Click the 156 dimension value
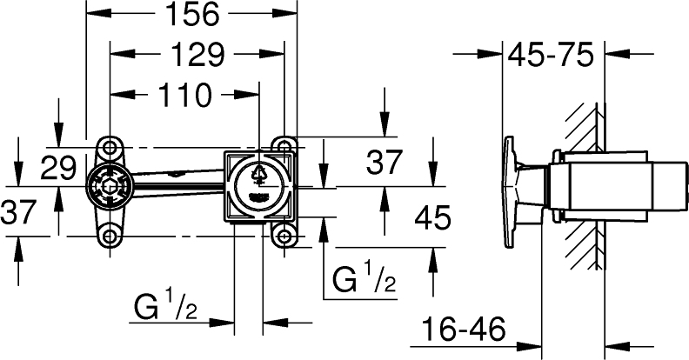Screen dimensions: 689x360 191,14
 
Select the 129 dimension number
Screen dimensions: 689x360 197,55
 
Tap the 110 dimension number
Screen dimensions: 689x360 184,96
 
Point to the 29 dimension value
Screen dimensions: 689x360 58,168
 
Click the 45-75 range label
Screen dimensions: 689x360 551,55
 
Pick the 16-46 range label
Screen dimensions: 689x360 464,330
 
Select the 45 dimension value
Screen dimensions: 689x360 433,217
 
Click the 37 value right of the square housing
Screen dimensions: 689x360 385,162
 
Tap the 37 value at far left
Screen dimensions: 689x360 18,211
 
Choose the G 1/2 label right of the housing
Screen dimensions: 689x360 365,278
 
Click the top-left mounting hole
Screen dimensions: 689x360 110,147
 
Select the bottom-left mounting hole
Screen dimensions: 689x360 110,237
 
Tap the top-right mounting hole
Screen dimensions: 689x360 284,145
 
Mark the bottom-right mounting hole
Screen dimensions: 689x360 284,237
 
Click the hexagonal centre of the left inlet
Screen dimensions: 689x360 110,188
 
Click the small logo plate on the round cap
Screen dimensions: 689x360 258,197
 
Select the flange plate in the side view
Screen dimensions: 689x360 510,193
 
